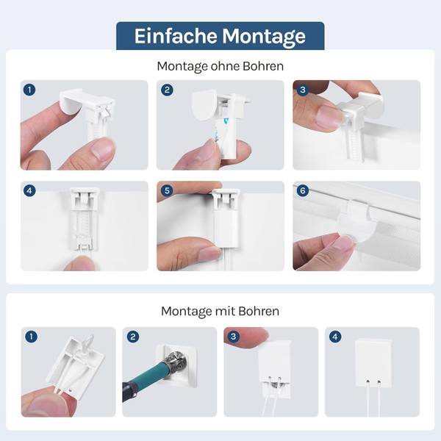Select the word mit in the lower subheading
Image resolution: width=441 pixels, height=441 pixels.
coord(226,312)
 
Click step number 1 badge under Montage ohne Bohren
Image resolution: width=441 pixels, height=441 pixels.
coord(29,90)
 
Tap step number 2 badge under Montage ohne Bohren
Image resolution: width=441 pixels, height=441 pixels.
coord(167,90)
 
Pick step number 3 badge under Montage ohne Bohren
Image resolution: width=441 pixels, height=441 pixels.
coord(303,90)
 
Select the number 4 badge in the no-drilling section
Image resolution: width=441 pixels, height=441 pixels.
coord(29,190)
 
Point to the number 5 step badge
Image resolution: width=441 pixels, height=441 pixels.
coord(167,190)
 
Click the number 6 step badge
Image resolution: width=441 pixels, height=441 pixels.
coord(303,190)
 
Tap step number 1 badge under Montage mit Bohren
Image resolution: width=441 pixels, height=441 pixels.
coord(31,337)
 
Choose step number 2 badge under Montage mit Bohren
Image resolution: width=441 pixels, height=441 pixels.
coord(133,337)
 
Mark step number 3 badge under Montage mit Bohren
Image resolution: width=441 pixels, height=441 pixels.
coord(234,337)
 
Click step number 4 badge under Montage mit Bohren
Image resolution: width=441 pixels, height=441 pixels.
coord(335,337)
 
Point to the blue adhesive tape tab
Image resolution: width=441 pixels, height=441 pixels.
coord(226,121)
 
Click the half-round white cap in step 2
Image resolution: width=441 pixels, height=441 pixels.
coord(204,105)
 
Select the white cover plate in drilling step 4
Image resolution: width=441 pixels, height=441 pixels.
coord(373,363)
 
